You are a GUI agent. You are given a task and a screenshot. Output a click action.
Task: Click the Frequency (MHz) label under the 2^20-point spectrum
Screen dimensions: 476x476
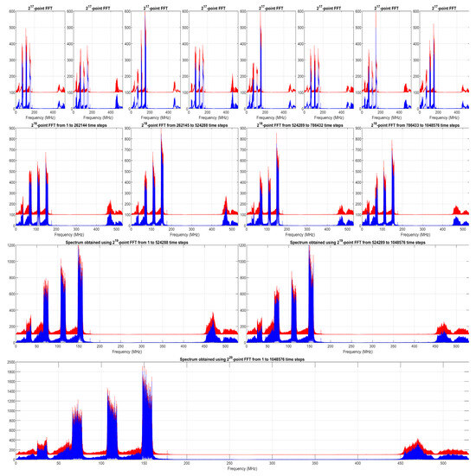[x=241, y=473]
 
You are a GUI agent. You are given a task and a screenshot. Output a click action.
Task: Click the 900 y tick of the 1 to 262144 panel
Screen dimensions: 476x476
[x=10, y=129]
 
